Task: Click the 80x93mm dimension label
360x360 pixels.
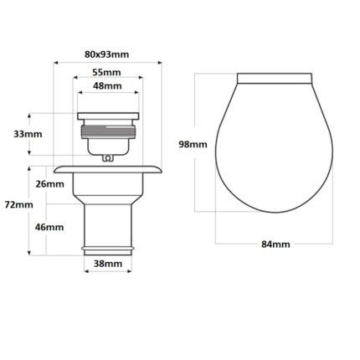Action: click(106, 54)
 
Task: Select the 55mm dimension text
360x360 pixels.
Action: click(106, 72)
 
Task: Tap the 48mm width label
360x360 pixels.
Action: click(107, 86)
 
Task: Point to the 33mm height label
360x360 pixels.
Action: click(28, 134)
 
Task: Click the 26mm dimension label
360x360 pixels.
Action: click(49, 184)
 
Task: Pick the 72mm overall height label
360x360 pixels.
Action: click(18, 205)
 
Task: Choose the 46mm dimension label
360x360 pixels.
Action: click(49, 227)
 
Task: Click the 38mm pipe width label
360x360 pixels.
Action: click(108, 264)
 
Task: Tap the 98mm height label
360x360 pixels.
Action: click(193, 145)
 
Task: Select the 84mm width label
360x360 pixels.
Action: click(275, 244)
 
